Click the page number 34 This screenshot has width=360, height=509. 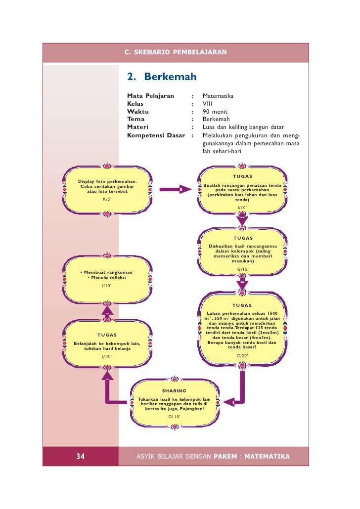point(80,456)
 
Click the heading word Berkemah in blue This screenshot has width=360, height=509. point(170,77)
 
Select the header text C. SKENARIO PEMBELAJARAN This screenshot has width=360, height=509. point(176,52)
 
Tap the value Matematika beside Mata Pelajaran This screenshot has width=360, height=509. point(218,96)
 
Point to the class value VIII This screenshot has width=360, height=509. point(208,104)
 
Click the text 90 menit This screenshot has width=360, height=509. point(215,111)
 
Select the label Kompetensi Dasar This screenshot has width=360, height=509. point(156,135)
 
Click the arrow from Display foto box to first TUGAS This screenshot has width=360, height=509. point(176,189)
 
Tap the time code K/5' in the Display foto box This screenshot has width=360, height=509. point(107,199)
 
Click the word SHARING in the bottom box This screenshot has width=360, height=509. point(174,391)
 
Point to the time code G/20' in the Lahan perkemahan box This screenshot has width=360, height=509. point(242,356)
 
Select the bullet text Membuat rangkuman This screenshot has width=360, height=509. point(107,272)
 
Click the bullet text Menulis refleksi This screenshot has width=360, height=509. point(107,277)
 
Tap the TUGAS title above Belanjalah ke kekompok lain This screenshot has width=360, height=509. point(107,335)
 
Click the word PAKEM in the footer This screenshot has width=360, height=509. point(225,456)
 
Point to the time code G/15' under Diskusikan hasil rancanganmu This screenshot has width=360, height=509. point(243,269)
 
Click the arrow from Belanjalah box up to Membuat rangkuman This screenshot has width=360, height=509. point(107,311)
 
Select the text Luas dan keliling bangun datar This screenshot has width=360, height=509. point(243,127)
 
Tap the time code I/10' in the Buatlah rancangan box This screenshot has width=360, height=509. point(242,208)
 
